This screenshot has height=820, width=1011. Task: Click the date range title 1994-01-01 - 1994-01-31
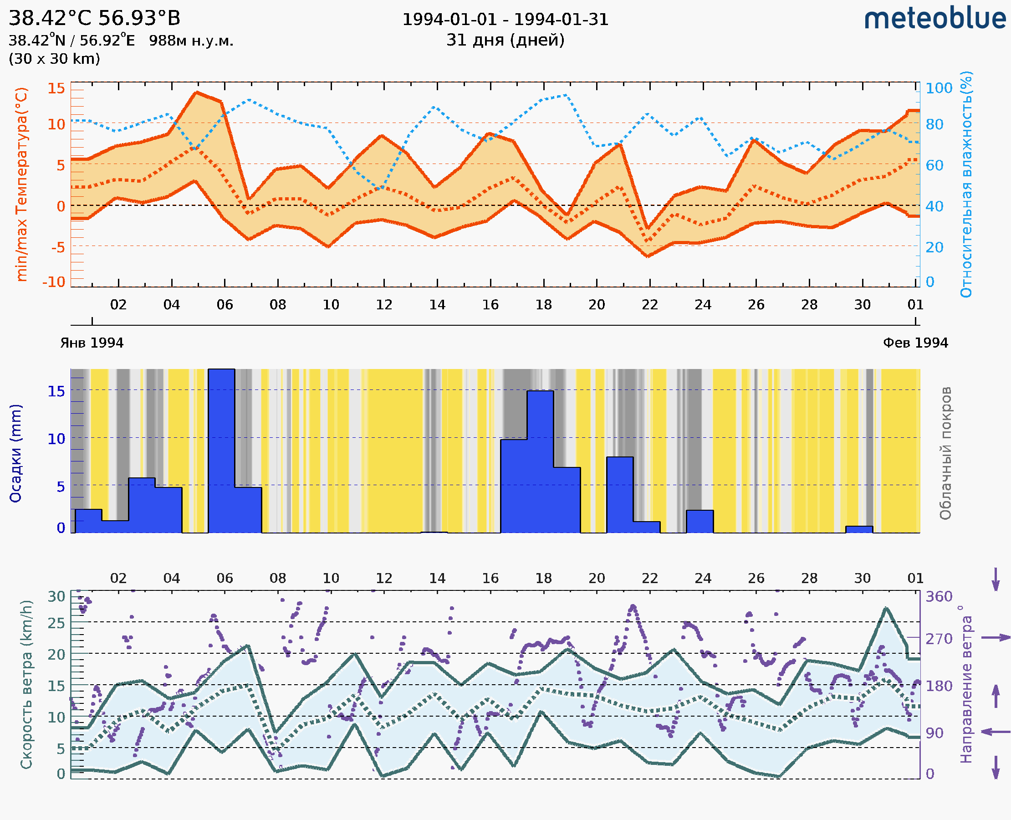coord(505,20)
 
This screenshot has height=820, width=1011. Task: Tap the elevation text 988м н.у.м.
coord(191,41)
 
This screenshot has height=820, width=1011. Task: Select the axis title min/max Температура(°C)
coord(21,184)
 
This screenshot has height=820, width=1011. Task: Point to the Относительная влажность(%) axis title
coord(966,184)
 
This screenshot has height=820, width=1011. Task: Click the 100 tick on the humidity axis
coord(939,88)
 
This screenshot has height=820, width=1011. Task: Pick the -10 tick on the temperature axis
coord(54,282)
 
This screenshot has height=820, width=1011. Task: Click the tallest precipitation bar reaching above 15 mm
coord(221,449)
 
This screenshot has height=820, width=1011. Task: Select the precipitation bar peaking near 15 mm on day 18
coord(540,461)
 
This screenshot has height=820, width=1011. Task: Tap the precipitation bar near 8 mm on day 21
coord(619,494)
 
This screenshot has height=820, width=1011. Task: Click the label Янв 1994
coord(92,343)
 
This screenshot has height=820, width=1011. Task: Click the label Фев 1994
coord(915,343)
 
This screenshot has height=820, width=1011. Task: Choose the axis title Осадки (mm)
coord(15,453)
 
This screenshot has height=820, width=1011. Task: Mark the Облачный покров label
coord(945,453)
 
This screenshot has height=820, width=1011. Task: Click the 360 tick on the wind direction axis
coord(939,597)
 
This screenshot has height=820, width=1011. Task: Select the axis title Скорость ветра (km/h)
coord(26,684)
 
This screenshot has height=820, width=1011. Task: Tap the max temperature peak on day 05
coord(197,92)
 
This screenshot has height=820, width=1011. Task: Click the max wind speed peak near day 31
coord(886,608)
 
